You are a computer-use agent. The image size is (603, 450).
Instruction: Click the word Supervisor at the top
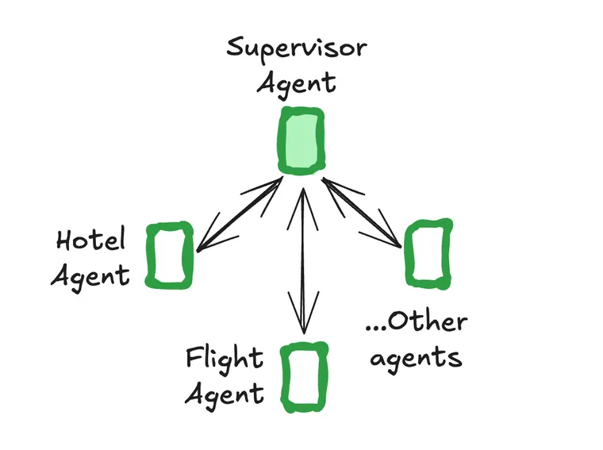297,47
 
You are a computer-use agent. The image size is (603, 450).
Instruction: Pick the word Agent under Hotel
90,275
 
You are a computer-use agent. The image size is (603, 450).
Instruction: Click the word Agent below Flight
224,394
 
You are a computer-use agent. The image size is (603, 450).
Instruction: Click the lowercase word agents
416,359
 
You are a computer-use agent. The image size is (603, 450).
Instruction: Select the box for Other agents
429,252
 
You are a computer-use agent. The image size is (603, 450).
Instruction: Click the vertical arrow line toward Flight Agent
301,254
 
